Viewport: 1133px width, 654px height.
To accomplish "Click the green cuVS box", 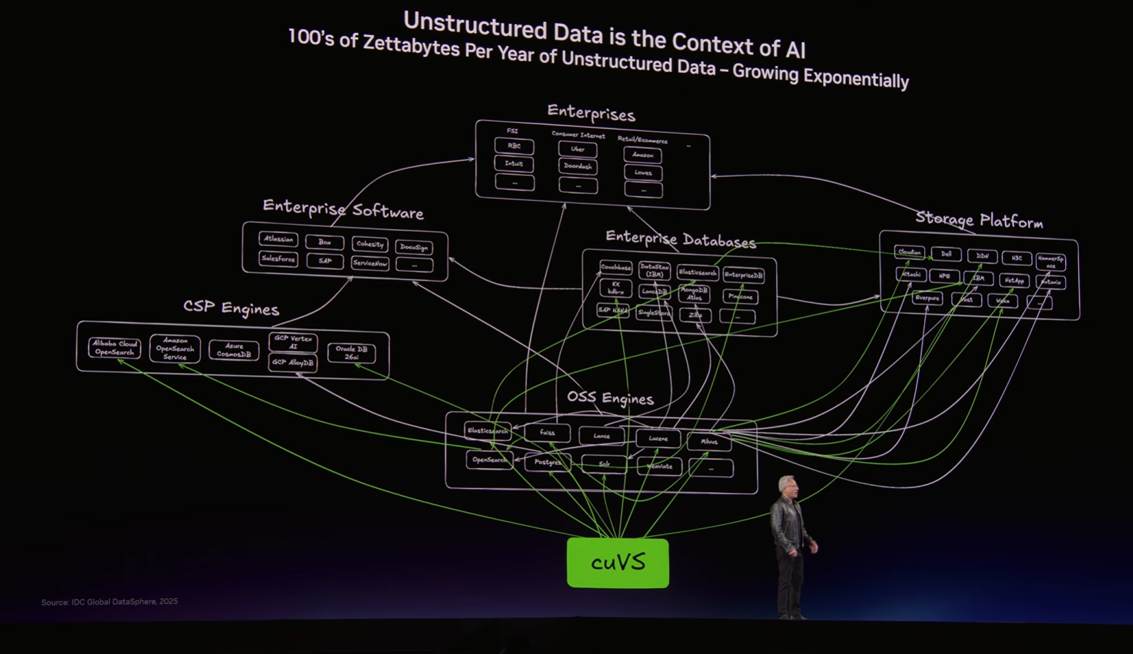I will click(x=617, y=563).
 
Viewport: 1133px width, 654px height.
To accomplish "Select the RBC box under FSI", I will click(x=514, y=146).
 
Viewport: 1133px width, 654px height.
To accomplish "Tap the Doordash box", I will click(x=578, y=166).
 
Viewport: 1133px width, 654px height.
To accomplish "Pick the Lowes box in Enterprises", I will click(x=643, y=173).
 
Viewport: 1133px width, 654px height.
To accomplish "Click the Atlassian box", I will click(x=278, y=239).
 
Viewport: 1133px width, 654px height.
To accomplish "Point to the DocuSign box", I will click(x=414, y=247).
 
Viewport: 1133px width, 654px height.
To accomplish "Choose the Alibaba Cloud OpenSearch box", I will click(x=114, y=347).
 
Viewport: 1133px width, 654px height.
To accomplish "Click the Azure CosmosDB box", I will click(x=234, y=350).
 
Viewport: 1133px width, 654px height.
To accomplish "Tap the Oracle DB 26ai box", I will click(x=351, y=352).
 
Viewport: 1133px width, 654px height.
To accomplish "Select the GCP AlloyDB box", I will click(x=293, y=362).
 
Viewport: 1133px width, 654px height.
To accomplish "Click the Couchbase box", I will click(x=615, y=268).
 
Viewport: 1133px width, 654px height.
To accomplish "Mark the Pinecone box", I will click(x=740, y=297).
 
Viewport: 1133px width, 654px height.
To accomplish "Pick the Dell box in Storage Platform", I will click(x=946, y=254).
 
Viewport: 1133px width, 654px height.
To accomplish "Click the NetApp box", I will click(x=1014, y=281).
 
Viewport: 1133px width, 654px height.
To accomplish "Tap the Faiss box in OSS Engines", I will click(x=547, y=432).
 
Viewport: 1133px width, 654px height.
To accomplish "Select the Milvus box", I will click(x=709, y=441).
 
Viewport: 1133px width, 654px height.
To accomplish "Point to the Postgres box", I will click(x=547, y=462).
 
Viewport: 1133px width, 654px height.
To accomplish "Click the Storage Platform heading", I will click(x=978, y=220).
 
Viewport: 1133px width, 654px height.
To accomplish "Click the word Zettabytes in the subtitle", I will click(x=411, y=45).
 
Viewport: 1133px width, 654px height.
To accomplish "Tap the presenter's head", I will click(x=787, y=486).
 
